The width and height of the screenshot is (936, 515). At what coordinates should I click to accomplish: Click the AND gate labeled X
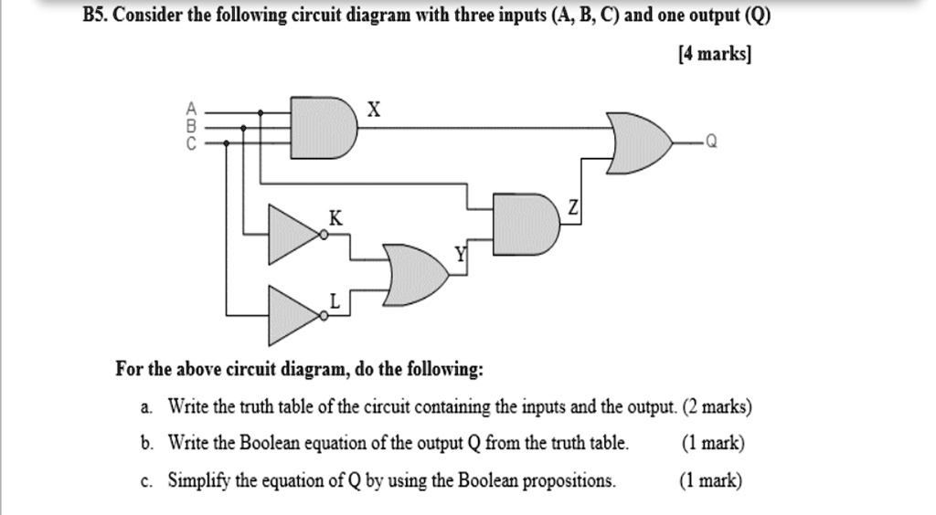point(324,127)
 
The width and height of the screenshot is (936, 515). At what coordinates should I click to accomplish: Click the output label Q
point(712,142)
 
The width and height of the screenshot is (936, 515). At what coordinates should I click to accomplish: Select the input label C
point(191,143)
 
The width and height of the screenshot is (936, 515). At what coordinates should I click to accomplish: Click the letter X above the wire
point(372,110)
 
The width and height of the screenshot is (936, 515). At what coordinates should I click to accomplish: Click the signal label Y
point(461,257)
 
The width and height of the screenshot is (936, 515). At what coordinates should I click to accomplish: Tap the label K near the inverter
point(336,219)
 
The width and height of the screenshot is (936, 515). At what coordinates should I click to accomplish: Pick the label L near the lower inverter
point(335,300)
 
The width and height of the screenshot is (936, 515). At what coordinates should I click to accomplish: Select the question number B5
point(96,16)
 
